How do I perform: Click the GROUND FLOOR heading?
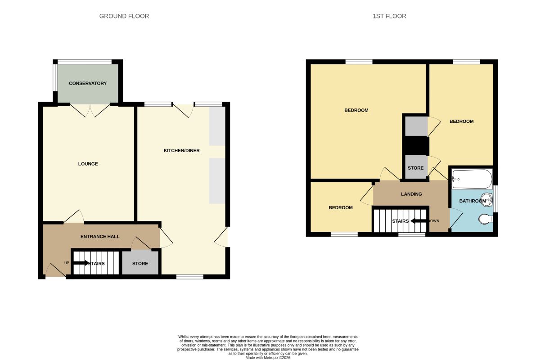124,16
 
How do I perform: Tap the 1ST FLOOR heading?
389,16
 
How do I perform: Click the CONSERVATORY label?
88,83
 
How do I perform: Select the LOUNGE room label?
88,164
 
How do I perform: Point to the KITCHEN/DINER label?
181,150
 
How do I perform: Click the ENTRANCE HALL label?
100,236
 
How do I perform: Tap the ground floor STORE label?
140,264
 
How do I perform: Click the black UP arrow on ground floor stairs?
81,263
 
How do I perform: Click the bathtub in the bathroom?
472,179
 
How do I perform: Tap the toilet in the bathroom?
486,219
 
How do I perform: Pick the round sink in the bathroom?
487,199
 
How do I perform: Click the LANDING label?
411,194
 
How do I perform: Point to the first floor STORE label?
416,168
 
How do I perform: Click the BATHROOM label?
473,201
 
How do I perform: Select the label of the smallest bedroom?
341,207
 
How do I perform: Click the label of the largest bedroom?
356,110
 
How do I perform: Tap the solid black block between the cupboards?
416,146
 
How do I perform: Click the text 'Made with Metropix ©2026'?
268,358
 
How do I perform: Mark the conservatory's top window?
85,62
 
